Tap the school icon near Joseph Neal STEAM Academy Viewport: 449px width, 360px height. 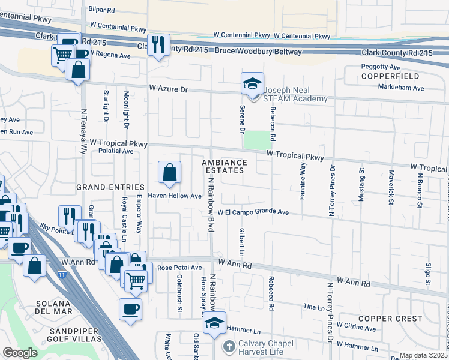coord(253,83)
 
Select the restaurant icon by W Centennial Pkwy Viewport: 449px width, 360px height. coord(158,45)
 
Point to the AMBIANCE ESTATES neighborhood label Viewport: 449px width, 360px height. coord(224,166)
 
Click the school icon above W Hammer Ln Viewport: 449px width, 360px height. coord(214,323)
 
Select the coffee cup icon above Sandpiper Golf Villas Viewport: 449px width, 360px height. coord(130,310)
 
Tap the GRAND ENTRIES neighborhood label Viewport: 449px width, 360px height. coord(110,188)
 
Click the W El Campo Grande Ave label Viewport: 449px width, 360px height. coord(253,212)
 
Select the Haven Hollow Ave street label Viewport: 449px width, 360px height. coord(175,196)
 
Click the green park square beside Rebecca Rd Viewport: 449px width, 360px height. coord(256,140)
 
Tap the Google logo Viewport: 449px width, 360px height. coord(20,353)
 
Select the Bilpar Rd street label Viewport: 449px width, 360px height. coord(101,10)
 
